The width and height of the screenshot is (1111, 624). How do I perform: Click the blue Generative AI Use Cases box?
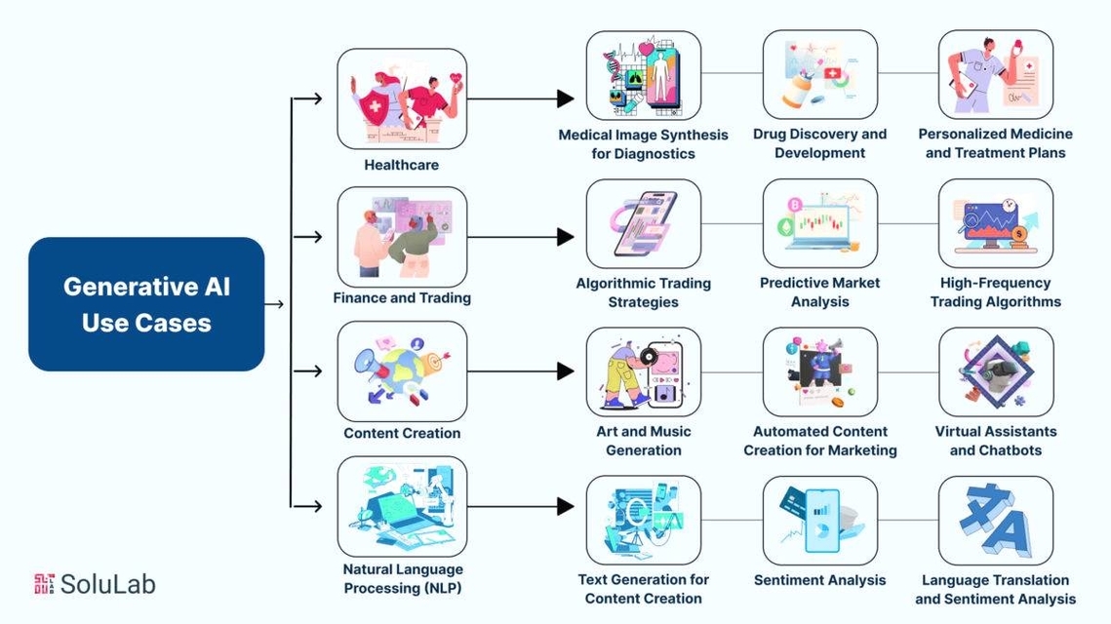coord(146,304)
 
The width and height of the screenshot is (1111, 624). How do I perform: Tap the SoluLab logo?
coord(95,584)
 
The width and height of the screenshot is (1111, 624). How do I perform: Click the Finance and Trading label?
coord(402,297)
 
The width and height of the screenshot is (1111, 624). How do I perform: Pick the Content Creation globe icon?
coord(402,371)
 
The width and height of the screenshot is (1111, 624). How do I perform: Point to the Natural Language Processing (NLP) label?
coord(402,578)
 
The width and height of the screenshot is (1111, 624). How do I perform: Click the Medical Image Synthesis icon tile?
coord(644,75)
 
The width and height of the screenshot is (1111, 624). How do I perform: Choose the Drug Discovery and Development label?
coord(819,143)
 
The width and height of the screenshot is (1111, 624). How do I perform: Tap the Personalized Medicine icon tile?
coord(996,75)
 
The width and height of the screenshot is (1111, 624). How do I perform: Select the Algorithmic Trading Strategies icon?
coord(644,224)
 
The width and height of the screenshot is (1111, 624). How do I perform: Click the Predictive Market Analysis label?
coord(819,292)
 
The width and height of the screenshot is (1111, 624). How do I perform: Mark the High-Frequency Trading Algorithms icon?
coord(996,224)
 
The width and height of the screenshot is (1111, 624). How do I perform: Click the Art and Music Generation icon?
coord(644,372)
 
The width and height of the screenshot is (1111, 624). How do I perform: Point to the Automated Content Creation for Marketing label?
coord(819,441)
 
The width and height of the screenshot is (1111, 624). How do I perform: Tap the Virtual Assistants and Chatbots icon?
coord(996,372)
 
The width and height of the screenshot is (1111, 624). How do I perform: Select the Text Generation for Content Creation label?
coord(644,589)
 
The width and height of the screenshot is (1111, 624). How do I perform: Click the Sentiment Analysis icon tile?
coord(819,521)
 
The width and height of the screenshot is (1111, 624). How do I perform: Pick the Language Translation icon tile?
coord(996,521)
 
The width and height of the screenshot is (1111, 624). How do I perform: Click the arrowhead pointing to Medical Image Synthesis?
coord(565,98)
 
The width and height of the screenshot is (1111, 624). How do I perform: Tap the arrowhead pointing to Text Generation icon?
coord(565,506)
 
